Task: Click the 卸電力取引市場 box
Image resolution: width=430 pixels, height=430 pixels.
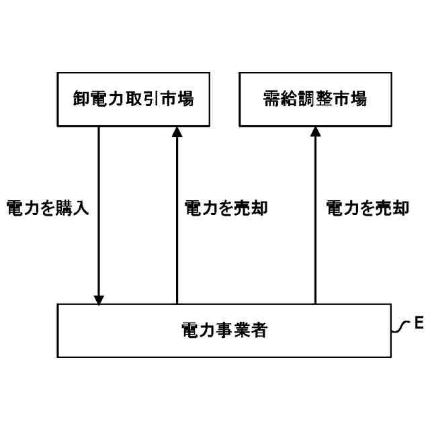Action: [133, 99]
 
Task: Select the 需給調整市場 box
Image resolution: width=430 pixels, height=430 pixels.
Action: [314, 99]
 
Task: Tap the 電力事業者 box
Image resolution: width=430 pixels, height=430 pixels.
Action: [224, 330]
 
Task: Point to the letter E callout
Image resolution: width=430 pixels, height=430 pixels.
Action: [417, 324]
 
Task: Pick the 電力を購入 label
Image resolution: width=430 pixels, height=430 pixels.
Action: [47, 208]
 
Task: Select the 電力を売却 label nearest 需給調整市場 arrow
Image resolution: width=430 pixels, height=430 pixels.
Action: [367, 208]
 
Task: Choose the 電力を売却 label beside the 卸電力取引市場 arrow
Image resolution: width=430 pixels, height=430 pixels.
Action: [226, 208]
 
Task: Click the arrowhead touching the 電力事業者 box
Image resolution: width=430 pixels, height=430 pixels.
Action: [99, 298]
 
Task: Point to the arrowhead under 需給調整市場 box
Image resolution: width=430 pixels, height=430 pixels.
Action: [315, 132]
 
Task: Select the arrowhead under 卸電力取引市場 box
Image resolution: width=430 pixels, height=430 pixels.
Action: [177, 132]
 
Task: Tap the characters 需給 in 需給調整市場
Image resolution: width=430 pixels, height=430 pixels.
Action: [279, 99]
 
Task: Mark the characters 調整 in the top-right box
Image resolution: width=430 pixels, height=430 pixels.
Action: [314, 99]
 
